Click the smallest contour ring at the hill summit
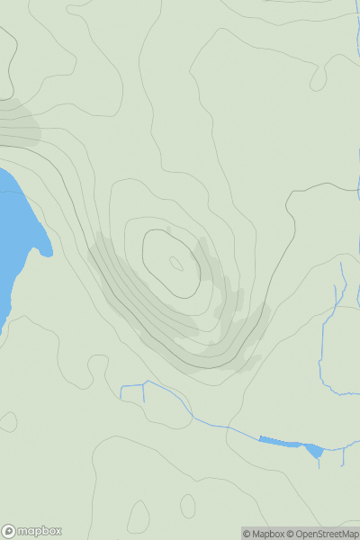176,264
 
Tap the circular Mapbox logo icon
9,532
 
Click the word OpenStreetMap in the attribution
327,534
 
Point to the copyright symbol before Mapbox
247,534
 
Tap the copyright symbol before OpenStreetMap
290,534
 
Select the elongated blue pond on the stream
280,442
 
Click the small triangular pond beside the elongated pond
313,450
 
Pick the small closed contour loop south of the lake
8,421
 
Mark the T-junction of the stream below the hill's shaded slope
144,385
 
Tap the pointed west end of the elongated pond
260,439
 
